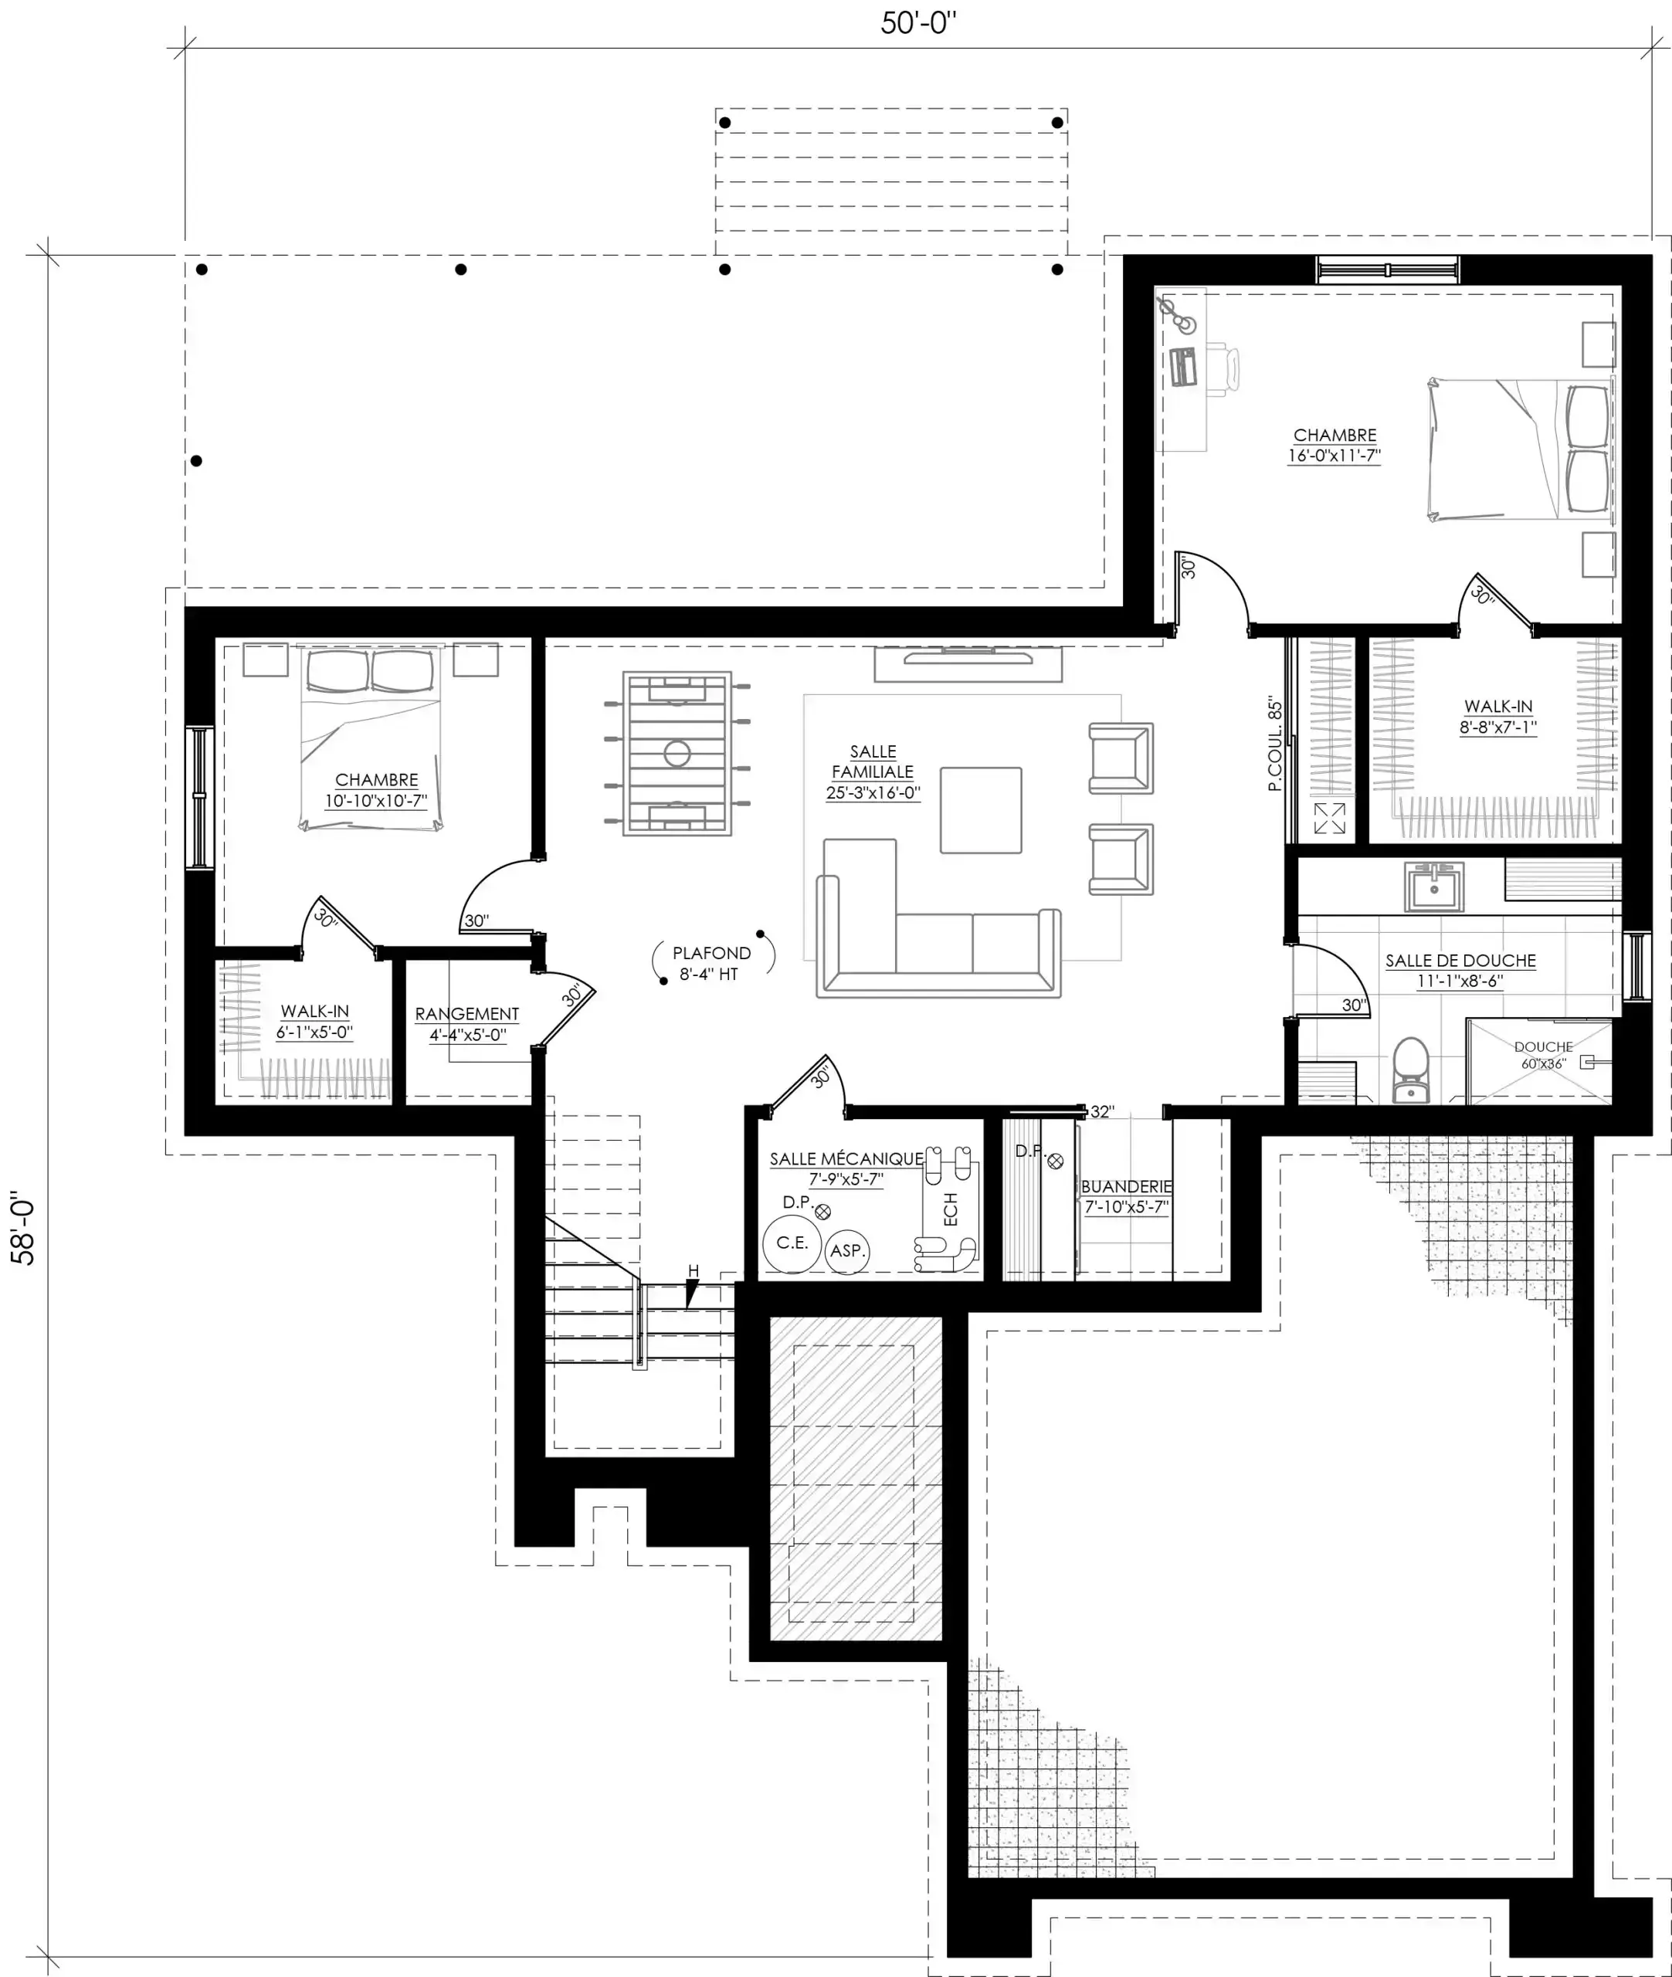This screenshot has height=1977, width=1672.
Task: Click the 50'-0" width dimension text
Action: click(x=917, y=22)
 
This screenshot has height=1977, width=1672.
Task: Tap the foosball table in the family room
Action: click(x=677, y=754)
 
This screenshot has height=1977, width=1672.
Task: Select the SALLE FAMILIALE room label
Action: click(x=873, y=772)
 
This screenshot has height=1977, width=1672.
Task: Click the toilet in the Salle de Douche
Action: click(x=1410, y=1071)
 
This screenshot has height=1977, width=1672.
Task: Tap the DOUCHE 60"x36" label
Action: click(x=1543, y=1055)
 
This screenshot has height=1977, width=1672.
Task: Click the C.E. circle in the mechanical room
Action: click(x=792, y=1243)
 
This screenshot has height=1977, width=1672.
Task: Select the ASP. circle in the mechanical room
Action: click(x=847, y=1251)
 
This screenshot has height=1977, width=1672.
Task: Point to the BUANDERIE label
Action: click(x=1126, y=1196)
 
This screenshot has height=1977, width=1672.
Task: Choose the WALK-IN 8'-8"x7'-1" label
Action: click(x=1497, y=717)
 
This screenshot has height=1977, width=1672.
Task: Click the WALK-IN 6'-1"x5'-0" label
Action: click(x=314, y=1022)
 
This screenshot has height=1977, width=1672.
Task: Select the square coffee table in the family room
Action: click(x=981, y=810)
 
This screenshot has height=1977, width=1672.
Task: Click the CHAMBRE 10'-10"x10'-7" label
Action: click(x=376, y=791)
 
